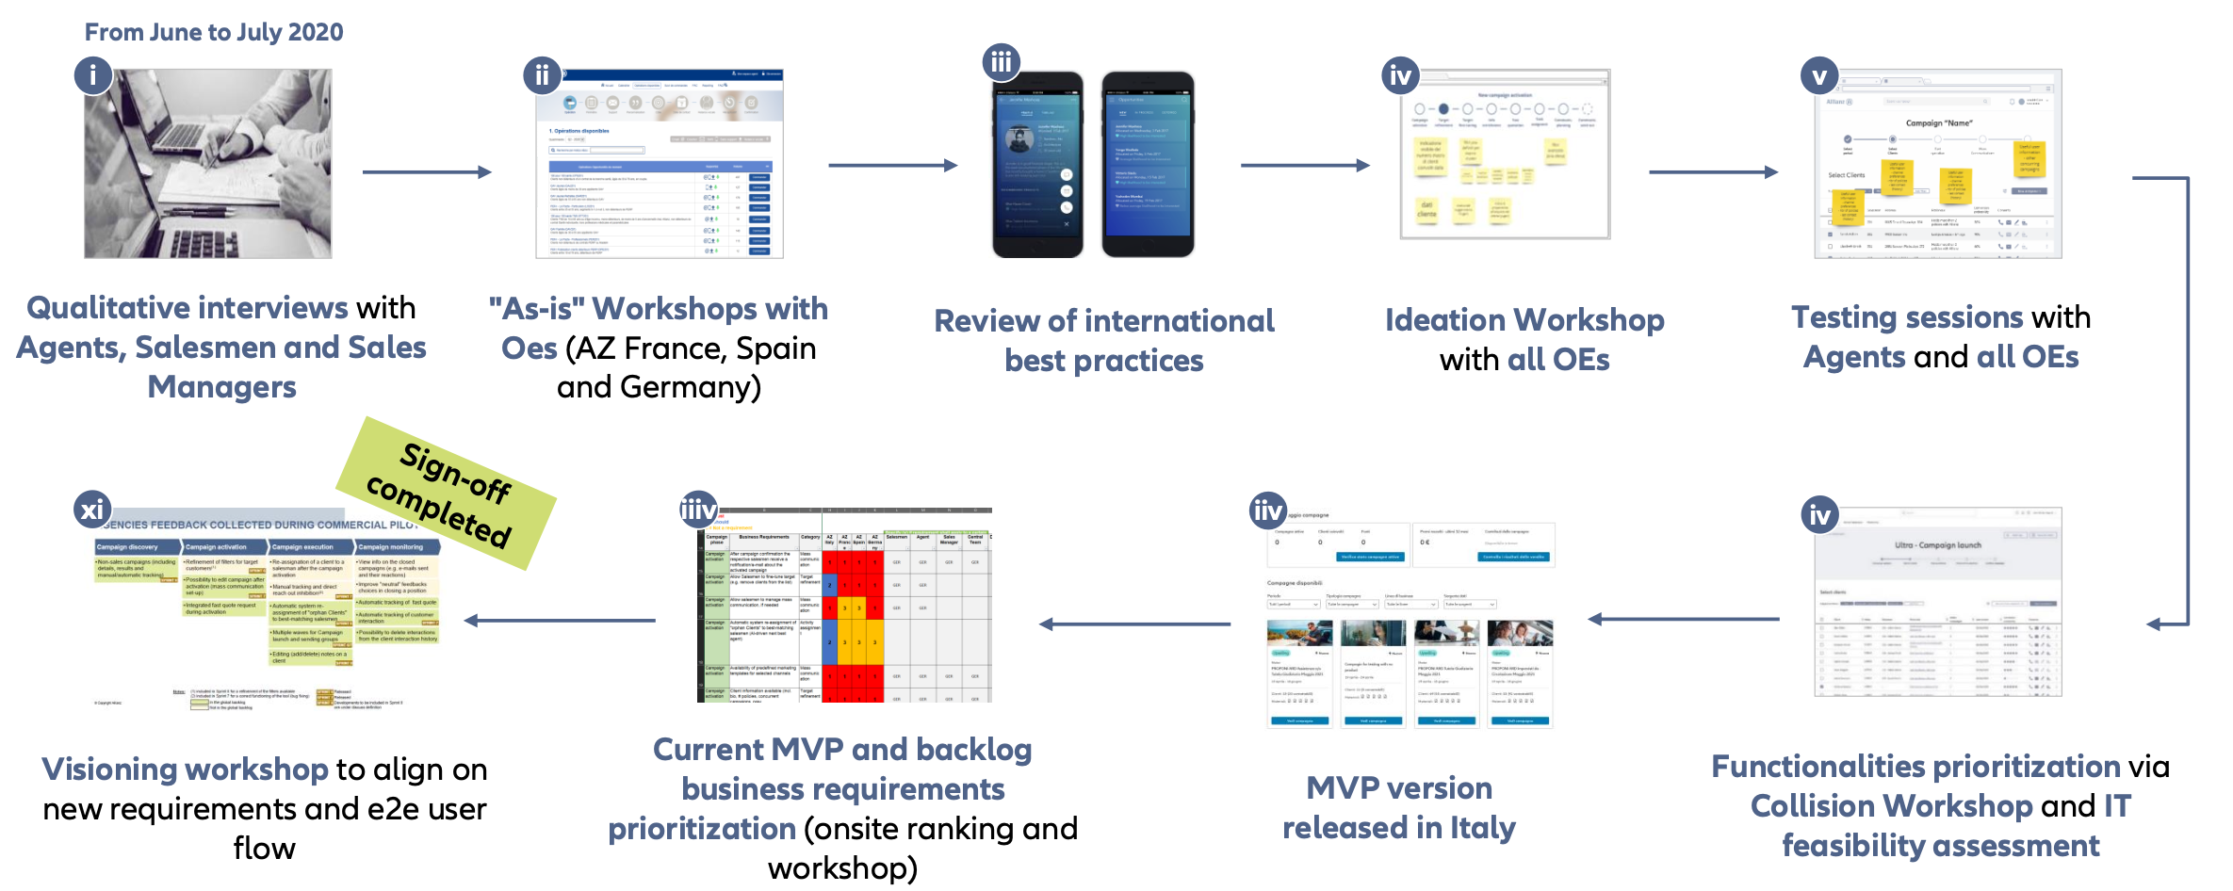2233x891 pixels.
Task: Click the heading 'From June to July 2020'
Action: click(x=214, y=32)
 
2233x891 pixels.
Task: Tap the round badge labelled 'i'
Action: click(x=92, y=74)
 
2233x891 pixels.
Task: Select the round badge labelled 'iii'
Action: click(x=1001, y=62)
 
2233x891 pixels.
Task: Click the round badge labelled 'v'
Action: click(x=1818, y=75)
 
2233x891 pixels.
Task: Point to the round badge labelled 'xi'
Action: click(x=91, y=510)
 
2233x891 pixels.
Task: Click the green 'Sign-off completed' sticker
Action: click(x=446, y=493)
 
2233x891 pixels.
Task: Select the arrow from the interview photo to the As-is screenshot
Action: click(x=427, y=172)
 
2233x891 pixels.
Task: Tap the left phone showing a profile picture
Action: click(x=1036, y=165)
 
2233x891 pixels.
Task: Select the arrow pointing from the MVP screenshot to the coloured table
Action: click(x=1135, y=624)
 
